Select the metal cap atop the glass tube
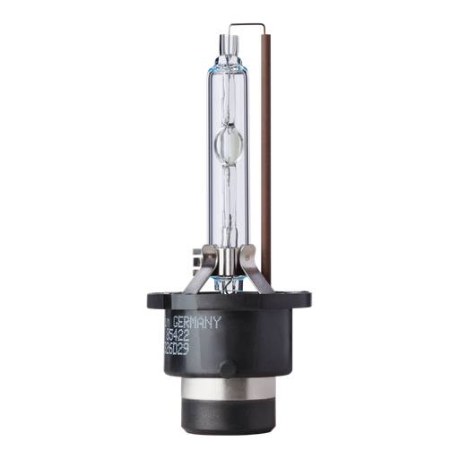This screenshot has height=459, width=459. click(229, 38)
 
